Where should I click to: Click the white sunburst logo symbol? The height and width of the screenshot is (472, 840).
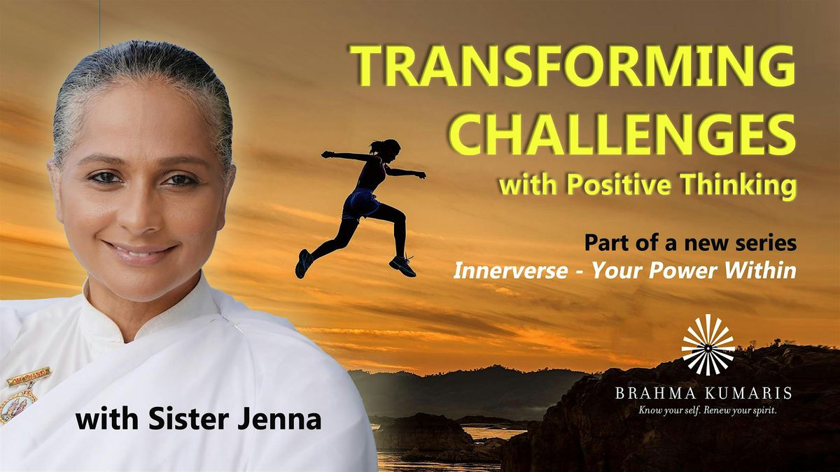[x=708, y=345]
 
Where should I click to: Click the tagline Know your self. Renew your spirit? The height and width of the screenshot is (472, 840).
[x=703, y=410]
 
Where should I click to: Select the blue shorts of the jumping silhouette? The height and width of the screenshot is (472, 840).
[x=362, y=203]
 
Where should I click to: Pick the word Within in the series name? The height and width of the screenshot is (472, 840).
[x=769, y=271]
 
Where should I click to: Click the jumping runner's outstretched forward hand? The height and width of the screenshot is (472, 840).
[x=421, y=174]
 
